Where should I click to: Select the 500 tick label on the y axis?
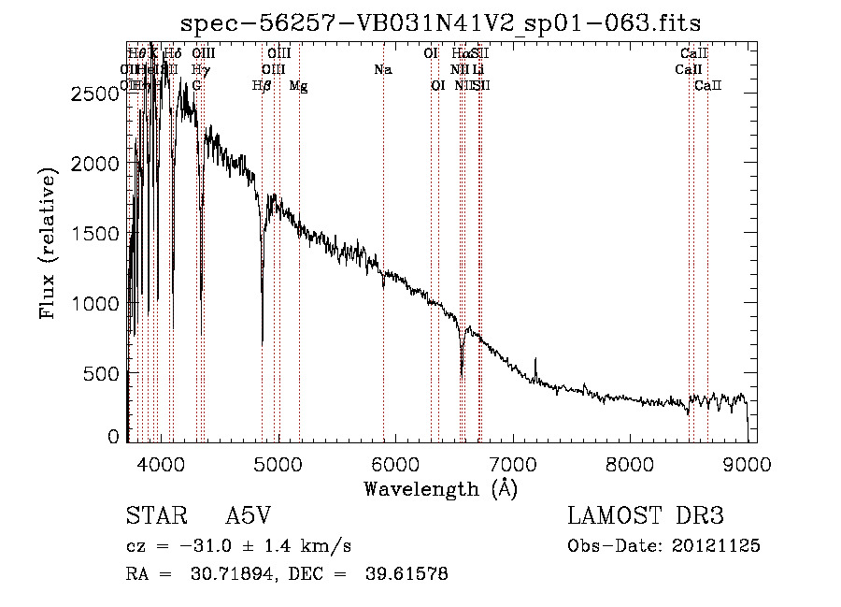[97, 374]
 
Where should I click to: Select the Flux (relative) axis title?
[48, 241]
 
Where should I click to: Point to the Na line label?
[382, 70]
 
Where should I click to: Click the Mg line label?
[298, 86]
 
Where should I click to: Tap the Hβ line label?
[262, 86]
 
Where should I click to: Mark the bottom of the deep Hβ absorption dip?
[263, 342]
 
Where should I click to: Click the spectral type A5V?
[248, 516]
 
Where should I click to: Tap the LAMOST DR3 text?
[646, 516]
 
